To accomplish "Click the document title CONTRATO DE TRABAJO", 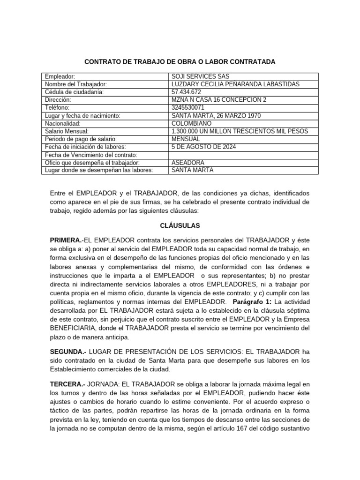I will point(180,62).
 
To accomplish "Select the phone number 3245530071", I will point(188,108).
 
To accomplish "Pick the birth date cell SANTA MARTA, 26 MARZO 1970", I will point(216,116).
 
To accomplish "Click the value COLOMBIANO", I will point(192,123).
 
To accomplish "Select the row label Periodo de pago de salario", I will point(80,139).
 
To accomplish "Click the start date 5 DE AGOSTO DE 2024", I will point(203,147).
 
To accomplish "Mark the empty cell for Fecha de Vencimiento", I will point(243,155).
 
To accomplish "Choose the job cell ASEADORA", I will point(188,163).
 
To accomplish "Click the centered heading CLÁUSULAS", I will point(180,225).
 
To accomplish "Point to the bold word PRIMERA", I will point(66,240).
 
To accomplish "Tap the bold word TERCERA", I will point(66,384).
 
